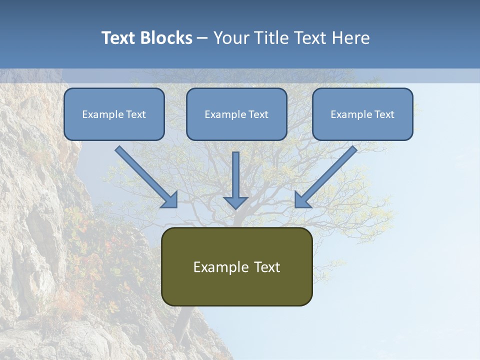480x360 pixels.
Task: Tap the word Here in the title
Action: click(x=351, y=38)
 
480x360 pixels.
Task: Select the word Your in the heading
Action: click(x=231, y=38)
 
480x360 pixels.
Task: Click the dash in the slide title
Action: click(x=202, y=38)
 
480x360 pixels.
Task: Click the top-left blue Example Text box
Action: click(x=114, y=114)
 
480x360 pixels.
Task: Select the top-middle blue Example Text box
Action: click(x=236, y=114)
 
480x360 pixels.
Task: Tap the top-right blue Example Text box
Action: click(x=362, y=114)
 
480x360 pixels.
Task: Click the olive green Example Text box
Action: click(x=237, y=267)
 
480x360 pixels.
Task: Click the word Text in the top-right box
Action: click(x=384, y=114)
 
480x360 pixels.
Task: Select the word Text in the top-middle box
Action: click(x=258, y=114)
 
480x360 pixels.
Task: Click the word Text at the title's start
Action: click(x=118, y=38)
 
